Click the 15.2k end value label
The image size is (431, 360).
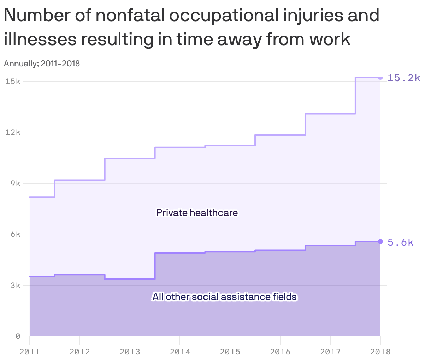[x=404, y=78]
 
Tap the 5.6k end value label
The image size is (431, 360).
[x=400, y=242]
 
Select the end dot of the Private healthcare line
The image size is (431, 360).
[x=380, y=78]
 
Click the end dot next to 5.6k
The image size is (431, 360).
[x=380, y=241]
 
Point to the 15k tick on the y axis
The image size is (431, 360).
[x=13, y=81]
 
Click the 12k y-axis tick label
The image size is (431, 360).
[x=13, y=132]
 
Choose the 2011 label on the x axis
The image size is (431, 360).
[x=30, y=352]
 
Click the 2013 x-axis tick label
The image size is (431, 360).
[x=130, y=352]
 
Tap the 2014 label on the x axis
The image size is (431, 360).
[x=180, y=352]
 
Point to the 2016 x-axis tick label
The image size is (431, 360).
[x=280, y=352]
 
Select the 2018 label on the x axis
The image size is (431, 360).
[x=380, y=352]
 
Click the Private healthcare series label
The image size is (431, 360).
[x=197, y=213]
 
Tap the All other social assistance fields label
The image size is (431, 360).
[x=224, y=297]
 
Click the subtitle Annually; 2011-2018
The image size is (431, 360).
[x=42, y=64]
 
